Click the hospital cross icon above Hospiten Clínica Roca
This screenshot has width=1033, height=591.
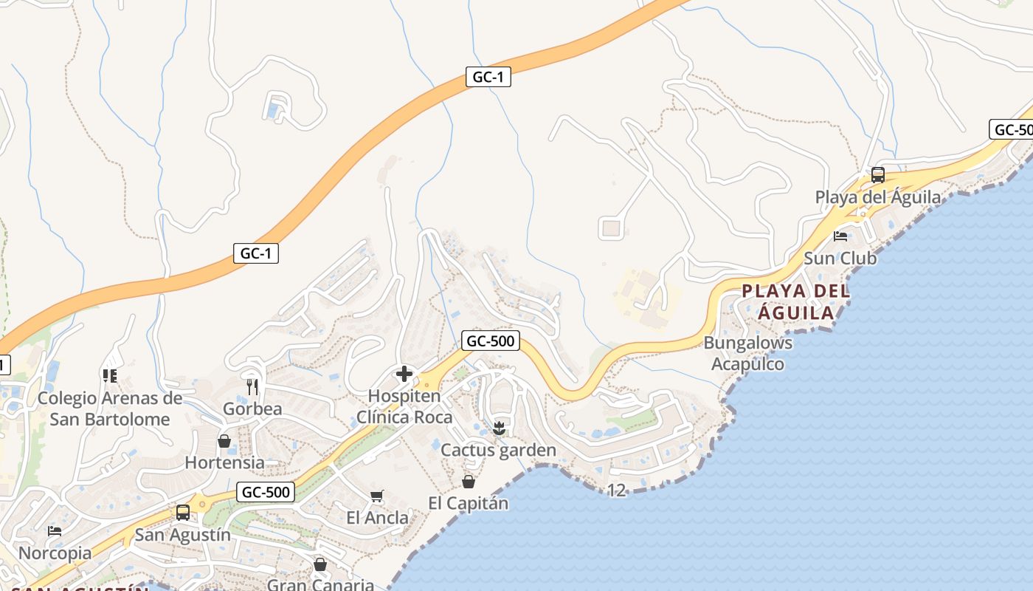point(404,374)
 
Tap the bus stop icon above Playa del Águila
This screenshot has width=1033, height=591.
point(877,175)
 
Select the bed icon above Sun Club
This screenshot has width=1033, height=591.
point(840,236)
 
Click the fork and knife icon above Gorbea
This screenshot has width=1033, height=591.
point(252,386)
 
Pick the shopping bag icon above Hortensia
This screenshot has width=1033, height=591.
point(224,441)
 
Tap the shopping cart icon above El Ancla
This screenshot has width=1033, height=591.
point(377,496)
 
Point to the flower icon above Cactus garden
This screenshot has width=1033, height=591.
point(499,428)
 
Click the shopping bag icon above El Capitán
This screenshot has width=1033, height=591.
point(468,482)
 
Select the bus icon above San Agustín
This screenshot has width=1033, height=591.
point(182,512)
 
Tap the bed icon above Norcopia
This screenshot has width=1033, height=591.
point(55,531)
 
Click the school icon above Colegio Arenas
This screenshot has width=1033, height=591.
point(110,376)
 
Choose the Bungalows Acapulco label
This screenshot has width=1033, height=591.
point(747,353)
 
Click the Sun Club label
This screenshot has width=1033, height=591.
point(840,259)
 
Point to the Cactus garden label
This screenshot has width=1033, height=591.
point(498,450)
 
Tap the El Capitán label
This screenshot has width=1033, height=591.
point(468,504)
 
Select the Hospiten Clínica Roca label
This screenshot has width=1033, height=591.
point(404,406)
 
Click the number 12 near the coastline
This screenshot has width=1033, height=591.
point(616,490)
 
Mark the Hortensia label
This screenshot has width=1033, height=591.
point(224,462)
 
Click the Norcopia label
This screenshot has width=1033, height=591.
point(55,553)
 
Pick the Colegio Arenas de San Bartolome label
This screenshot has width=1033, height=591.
point(110,409)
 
